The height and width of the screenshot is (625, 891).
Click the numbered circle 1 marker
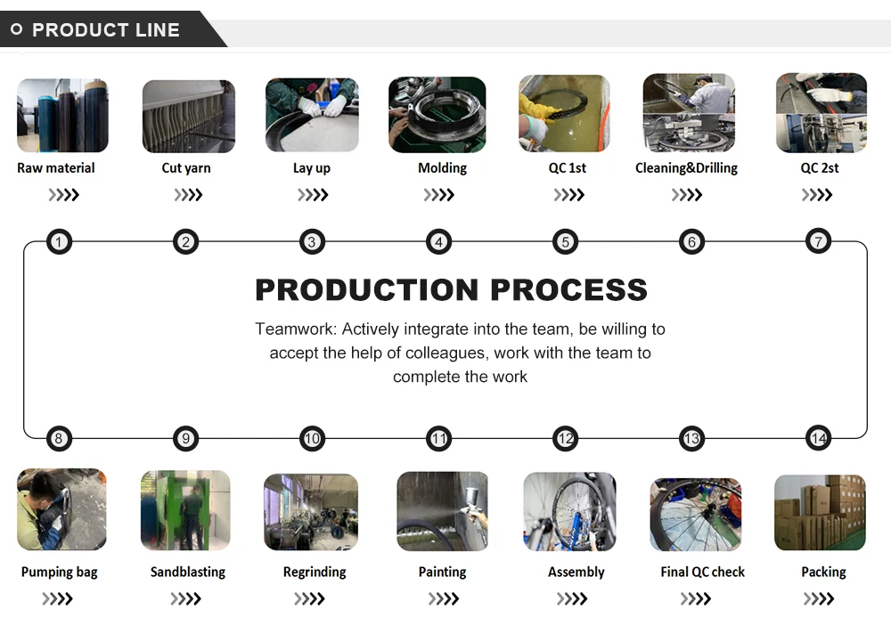(x=59, y=241)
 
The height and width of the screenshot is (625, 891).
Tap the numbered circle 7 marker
(x=818, y=240)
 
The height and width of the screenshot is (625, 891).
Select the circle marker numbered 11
(x=438, y=438)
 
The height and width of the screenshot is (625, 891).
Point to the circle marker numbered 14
(x=818, y=438)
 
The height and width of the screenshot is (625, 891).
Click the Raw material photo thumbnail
(x=62, y=115)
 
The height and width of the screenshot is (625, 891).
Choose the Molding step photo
(x=437, y=115)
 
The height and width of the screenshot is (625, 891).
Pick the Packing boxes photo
(x=820, y=512)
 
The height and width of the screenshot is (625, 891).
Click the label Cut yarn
(x=186, y=168)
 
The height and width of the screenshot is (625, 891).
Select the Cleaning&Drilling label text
(x=686, y=168)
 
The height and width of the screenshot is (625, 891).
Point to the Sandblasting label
(x=187, y=572)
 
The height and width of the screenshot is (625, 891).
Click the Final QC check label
(x=702, y=572)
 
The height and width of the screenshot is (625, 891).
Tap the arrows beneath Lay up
(x=313, y=195)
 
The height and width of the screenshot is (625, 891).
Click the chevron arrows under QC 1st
(x=568, y=195)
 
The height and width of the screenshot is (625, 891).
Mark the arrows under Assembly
(x=572, y=599)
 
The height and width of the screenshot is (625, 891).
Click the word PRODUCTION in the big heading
(x=366, y=290)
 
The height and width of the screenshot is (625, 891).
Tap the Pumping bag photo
(x=61, y=509)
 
